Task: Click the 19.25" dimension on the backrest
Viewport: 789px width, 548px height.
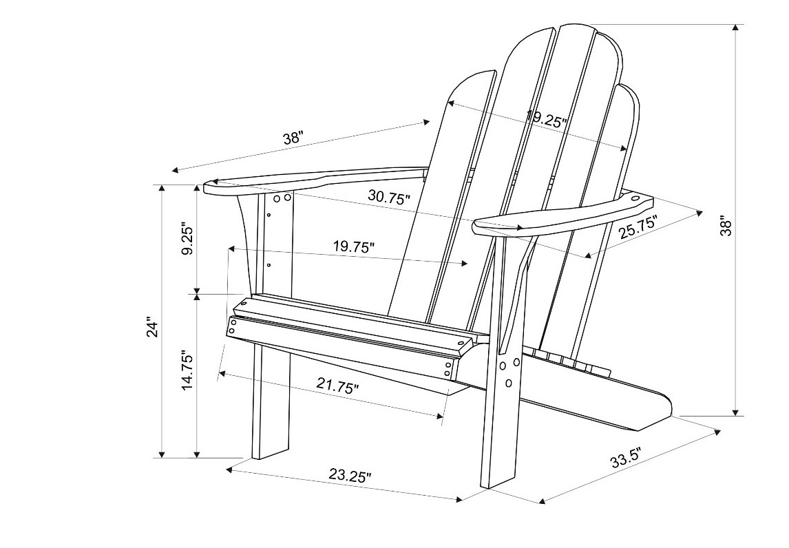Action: [x=547, y=118]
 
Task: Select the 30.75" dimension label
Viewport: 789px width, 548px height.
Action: [x=389, y=196]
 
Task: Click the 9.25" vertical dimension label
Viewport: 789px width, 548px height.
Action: [x=187, y=238]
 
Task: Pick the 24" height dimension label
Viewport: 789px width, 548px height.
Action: [x=153, y=326]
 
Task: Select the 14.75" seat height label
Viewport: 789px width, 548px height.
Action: [x=187, y=370]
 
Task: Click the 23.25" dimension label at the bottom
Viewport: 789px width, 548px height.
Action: [x=350, y=475]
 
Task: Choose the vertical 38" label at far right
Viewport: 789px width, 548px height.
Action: [x=725, y=226]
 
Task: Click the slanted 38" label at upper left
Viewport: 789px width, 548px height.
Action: [x=293, y=138]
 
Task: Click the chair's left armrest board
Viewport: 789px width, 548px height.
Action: [x=315, y=181]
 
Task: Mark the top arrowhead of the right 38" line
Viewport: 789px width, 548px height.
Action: [x=736, y=28]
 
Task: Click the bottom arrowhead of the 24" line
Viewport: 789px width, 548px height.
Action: [x=162, y=454]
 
